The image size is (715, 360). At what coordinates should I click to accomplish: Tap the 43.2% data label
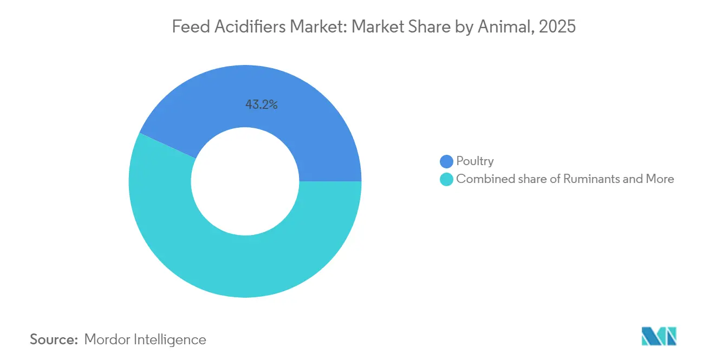(262, 105)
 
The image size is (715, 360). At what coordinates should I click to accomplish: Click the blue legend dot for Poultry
(446, 161)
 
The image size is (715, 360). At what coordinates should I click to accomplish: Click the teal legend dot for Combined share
(446, 179)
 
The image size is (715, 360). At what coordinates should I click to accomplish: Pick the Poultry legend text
(475, 161)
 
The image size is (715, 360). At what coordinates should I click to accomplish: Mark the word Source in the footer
(54, 339)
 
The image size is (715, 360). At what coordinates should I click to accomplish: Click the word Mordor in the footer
(108, 339)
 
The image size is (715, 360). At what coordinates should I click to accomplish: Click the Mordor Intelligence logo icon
(659, 336)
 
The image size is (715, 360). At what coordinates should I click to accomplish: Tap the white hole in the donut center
(245, 181)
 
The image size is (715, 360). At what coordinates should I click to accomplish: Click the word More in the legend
(659, 179)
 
